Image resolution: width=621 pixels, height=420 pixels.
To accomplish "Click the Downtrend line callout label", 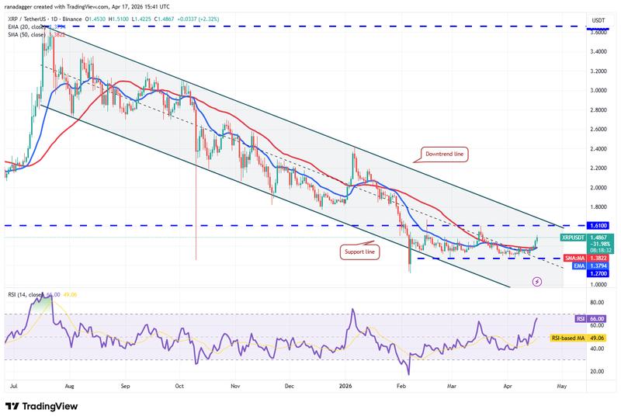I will [x=446, y=155].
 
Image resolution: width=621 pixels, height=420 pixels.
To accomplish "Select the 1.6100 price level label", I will [x=598, y=225].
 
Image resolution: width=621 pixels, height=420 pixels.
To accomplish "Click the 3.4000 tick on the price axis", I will [x=598, y=52].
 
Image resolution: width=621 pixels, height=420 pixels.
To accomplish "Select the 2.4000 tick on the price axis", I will [x=598, y=149].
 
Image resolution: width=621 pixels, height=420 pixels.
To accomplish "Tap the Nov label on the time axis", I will [x=234, y=384].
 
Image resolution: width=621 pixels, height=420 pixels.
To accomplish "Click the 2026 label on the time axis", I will [x=345, y=384].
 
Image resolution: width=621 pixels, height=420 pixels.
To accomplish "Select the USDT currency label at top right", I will [x=598, y=19].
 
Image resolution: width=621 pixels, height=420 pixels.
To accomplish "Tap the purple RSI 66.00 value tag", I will [x=597, y=318].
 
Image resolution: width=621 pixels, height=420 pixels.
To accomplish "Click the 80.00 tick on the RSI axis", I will [x=597, y=302].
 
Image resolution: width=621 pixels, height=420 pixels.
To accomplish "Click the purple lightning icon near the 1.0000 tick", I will [x=537, y=282].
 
